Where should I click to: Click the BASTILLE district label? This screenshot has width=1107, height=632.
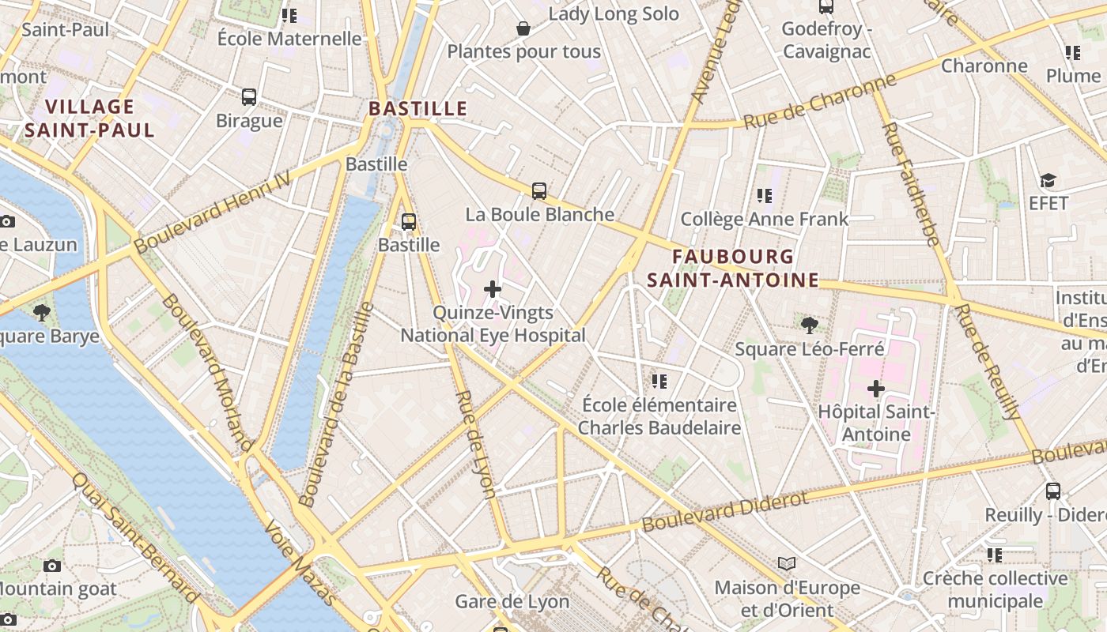coord(418,108)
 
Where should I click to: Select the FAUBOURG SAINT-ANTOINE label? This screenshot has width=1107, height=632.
coord(733,268)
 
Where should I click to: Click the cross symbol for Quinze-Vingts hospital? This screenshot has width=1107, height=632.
coord(493,289)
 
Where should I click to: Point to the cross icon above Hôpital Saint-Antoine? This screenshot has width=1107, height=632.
coord(876,389)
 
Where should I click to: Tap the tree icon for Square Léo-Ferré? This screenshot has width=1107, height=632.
coord(809,325)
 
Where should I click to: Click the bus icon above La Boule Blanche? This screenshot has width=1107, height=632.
coord(539,190)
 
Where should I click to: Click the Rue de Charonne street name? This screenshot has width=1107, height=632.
coord(820,101)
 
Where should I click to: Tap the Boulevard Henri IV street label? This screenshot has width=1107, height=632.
coord(212,214)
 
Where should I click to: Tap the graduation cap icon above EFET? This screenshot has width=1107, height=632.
coord(1048,181)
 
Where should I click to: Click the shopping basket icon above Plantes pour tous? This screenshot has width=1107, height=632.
coord(523,29)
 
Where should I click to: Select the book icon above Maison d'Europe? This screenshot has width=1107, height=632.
coord(786,563)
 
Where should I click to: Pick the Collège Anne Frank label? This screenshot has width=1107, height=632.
coord(764,219)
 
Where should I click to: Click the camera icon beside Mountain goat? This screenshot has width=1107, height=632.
coord(52,566)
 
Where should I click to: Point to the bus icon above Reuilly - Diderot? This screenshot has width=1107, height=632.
coord(1053,491)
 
